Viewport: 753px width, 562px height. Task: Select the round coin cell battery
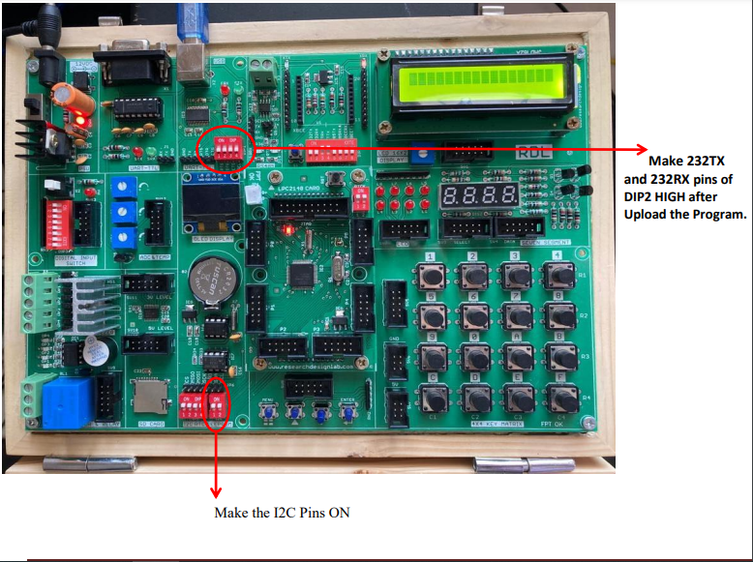pyautogui.click(x=211, y=281)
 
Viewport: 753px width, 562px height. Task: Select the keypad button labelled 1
pyautogui.click(x=435, y=274)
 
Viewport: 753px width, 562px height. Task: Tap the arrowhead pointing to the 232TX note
pyautogui.click(x=641, y=149)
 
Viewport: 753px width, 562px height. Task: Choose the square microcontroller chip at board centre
pyautogui.click(x=302, y=274)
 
